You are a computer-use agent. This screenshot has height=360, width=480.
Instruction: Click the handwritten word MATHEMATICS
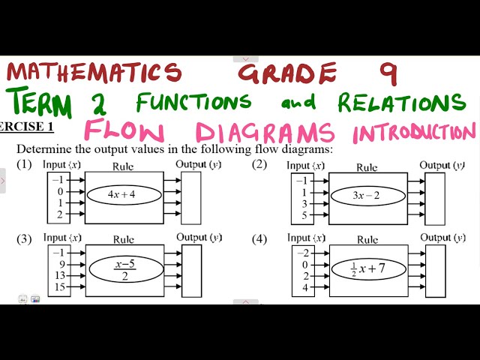(x=94, y=72)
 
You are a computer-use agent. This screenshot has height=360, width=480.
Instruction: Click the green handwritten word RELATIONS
(x=401, y=102)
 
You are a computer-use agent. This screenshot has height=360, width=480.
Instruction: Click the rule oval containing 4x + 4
(x=124, y=194)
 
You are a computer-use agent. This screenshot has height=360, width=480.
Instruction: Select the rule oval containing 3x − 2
(x=367, y=196)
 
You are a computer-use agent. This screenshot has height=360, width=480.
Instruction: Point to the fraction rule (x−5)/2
(x=124, y=269)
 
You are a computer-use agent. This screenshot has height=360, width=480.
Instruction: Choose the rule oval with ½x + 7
(x=367, y=268)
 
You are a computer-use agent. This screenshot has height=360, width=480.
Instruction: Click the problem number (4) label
(x=259, y=240)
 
